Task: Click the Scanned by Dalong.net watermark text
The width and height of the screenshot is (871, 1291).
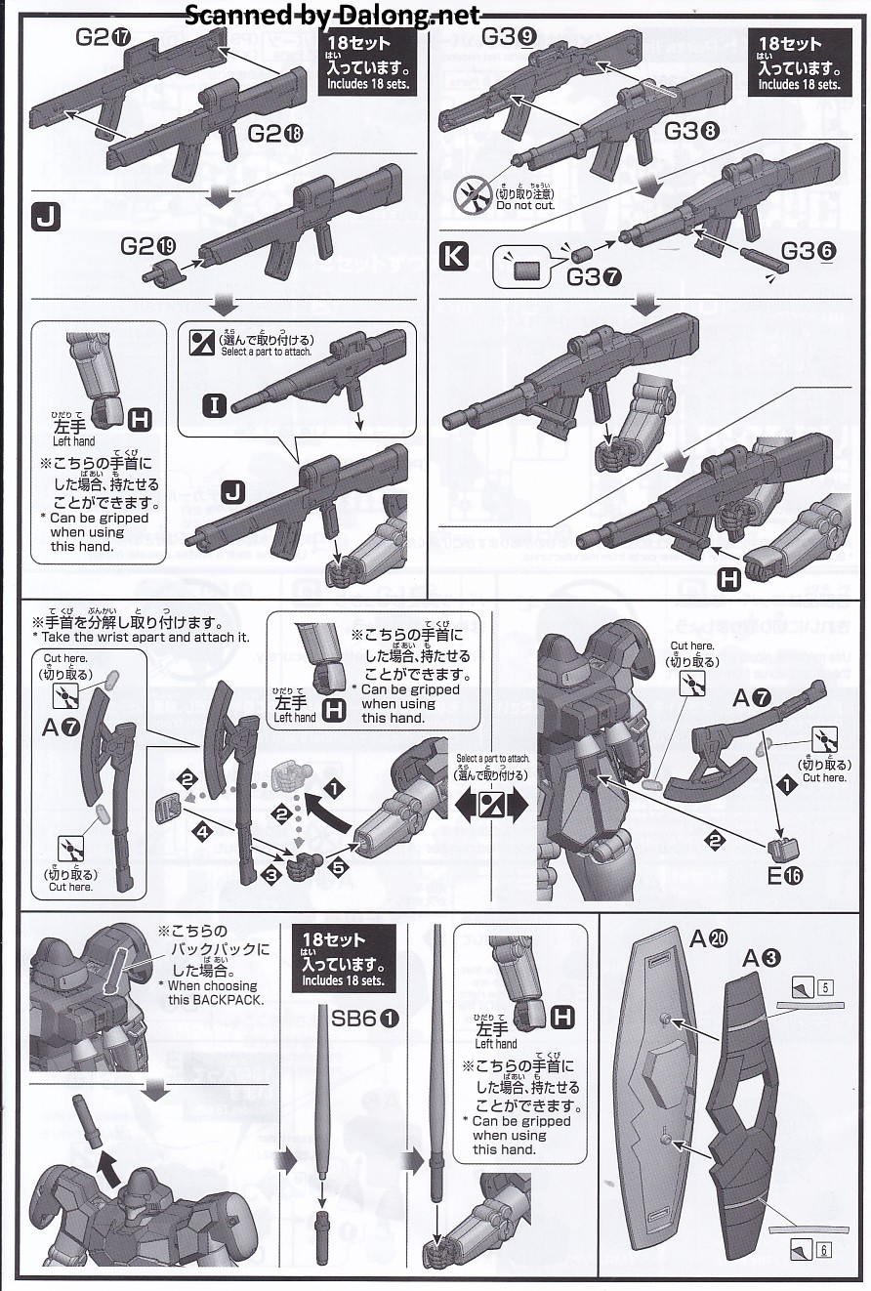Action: [x=333, y=15]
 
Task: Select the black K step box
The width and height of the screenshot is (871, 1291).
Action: [x=454, y=258]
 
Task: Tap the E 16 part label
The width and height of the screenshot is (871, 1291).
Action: [x=784, y=875]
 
